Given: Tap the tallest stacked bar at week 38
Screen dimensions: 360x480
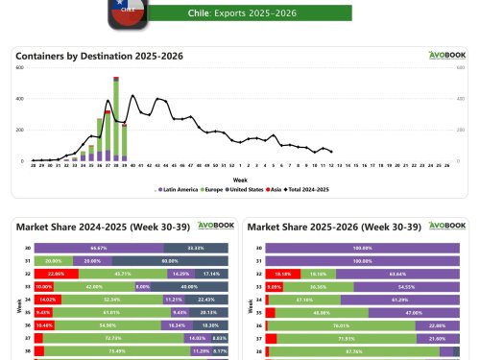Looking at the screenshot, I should [116, 120].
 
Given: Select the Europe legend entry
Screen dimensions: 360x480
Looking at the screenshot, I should [209, 190].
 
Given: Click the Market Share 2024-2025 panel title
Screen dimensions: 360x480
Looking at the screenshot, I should [82, 227].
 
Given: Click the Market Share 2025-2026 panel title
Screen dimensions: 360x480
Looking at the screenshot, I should [316, 227].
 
